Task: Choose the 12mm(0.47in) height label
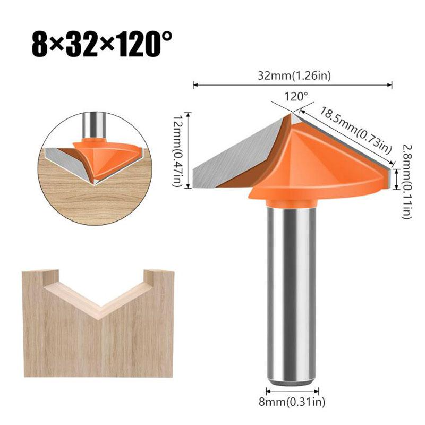point(179,150)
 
